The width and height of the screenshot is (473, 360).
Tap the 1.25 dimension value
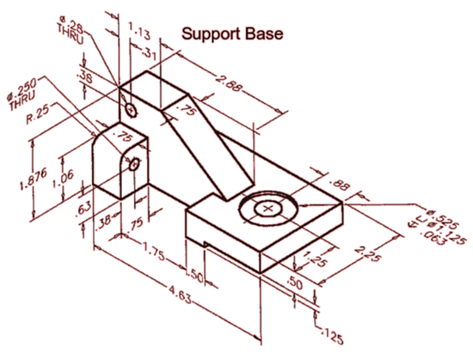coord(315,257)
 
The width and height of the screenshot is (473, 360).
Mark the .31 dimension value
coord(152,54)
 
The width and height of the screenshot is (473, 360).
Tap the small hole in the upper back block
coord(130,110)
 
